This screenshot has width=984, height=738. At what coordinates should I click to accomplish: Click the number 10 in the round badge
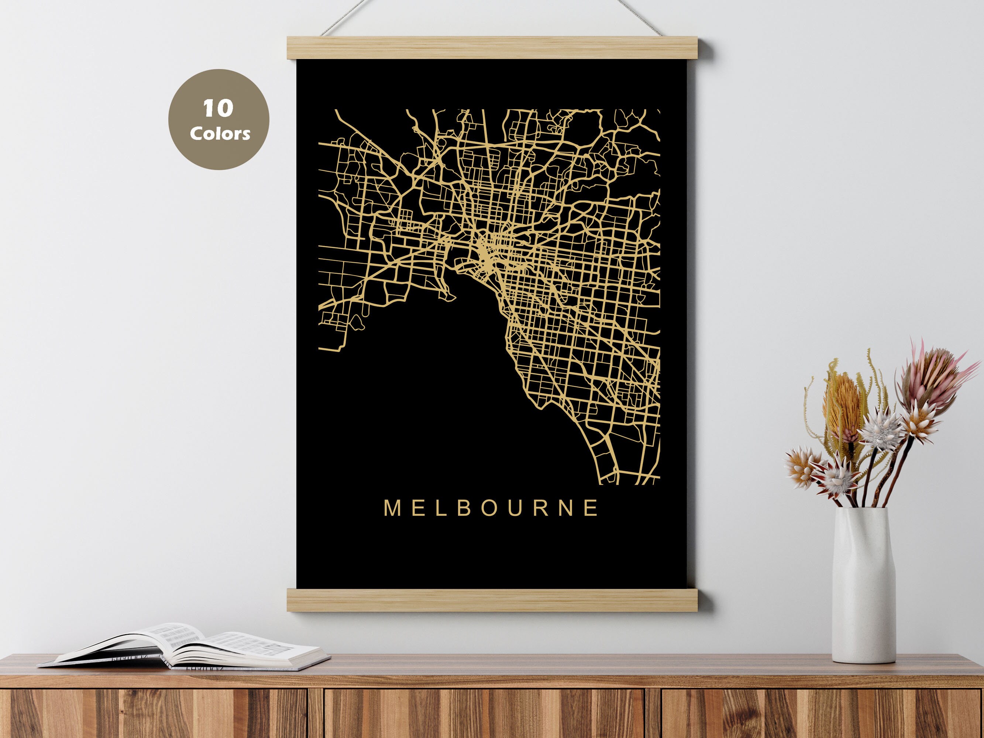pyautogui.click(x=218, y=108)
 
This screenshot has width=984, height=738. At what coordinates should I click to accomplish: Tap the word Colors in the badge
pyautogui.click(x=220, y=134)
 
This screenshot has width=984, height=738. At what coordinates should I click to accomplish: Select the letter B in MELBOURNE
pyautogui.click(x=464, y=508)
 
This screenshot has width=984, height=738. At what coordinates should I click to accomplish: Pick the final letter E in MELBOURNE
pyautogui.click(x=592, y=508)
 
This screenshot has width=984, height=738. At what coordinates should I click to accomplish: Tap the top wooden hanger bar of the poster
pyautogui.click(x=492, y=48)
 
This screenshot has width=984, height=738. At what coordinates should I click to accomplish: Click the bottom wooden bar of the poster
pyautogui.click(x=492, y=600)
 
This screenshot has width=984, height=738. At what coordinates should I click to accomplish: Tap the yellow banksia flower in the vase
pyautogui.click(x=843, y=407)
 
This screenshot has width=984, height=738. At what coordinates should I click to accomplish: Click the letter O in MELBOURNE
pyautogui.click(x=489, y=508)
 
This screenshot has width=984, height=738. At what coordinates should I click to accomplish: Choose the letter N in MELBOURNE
pyautogui.click(x=567, y=508)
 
